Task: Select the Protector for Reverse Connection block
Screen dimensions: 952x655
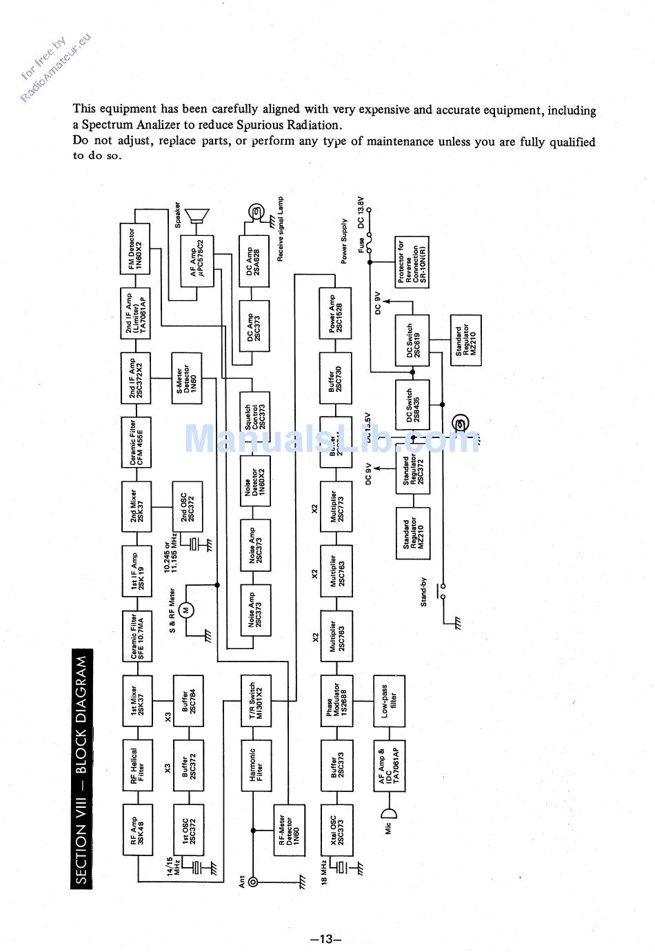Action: click(412, 262)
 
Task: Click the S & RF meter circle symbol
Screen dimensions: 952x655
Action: click(185, 610)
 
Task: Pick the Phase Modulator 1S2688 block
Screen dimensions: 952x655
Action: click(336, 700)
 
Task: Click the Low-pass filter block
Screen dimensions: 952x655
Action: click(388, 700)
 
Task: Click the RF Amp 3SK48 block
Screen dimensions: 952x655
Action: click(137, 830)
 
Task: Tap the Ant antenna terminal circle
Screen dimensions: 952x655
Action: click(253, 882)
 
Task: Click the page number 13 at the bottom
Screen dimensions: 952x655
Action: click(326, 939)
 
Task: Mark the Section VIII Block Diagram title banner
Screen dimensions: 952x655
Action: click(81, 768)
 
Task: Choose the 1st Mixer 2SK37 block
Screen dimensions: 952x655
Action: click(137, 700)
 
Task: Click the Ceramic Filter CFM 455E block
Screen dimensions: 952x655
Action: click(136, 442)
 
